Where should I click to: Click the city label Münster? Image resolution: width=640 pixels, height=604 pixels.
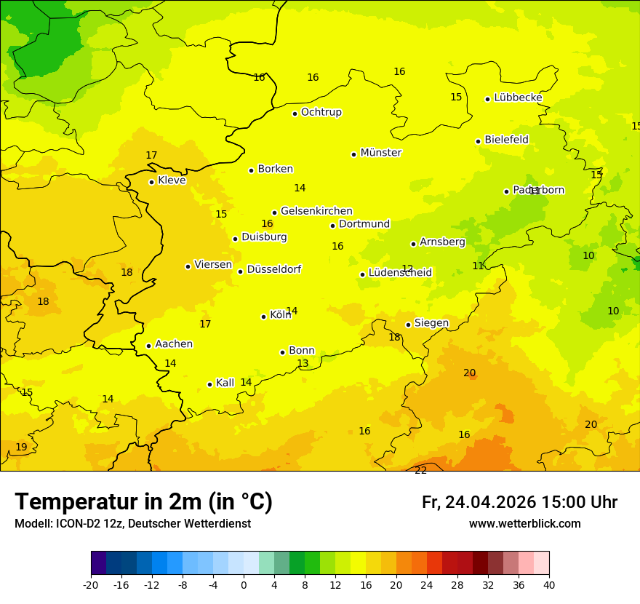click(x=380, y=153)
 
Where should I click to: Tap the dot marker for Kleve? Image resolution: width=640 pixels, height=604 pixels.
click(x=151, y=182)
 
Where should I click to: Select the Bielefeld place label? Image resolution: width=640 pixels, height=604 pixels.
click(x=506, y=140)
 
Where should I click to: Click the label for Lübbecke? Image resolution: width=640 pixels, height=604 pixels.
click(x=518, y=98)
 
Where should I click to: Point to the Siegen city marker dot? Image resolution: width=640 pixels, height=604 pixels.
click(x=409, y=325)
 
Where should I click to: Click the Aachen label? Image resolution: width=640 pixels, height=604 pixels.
click(x=174, y=344)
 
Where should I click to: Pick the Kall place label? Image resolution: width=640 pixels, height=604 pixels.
click(x=225, y=383)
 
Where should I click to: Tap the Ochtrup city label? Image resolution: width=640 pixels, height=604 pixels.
click(x=321, y=112)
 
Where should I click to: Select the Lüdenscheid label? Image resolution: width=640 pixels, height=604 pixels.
click(x=400, y=273)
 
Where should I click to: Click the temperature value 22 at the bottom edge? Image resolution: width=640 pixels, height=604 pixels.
click(x=421, y=470)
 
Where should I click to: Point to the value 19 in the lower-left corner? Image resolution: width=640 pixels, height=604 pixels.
click(x=21, y=447)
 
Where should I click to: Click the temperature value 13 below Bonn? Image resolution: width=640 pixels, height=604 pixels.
click(x=303, y=363)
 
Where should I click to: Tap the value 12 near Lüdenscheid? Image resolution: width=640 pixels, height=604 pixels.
click(x=407, y=269)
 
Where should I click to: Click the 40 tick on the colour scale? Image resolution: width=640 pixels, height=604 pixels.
click(x=549, y=584)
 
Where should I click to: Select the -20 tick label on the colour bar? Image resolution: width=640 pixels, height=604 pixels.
click(x=91, y=584)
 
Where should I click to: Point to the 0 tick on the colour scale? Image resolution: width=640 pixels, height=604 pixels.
click(x=244, y=584)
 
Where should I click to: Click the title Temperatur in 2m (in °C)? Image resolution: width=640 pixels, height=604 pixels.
click(x=143, y=501)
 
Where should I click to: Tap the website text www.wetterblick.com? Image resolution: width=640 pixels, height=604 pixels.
click(x=524, y=523)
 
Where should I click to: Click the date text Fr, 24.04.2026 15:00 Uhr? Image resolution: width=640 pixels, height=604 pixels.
click(x=519, y=502)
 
